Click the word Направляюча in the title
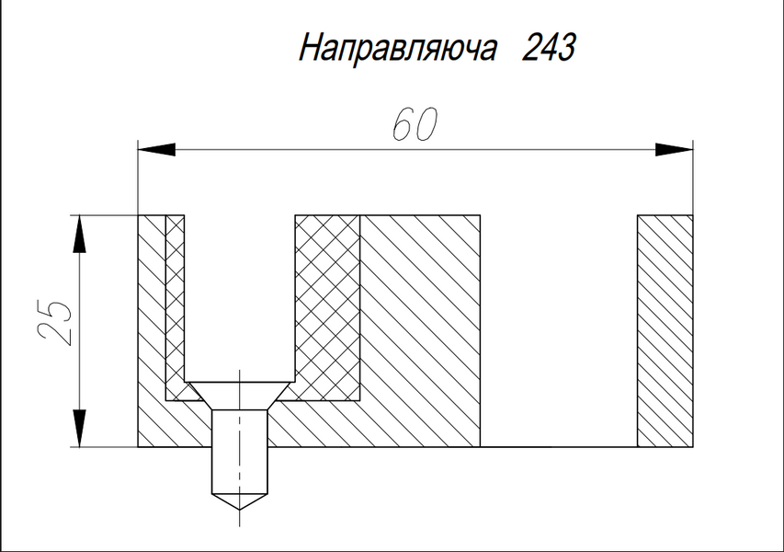[398, 49]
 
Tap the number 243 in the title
[549, 48]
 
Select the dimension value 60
[415, 124]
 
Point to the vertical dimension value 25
[54, 323]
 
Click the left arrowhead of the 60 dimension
[157, 149]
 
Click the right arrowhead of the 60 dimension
[674, 149]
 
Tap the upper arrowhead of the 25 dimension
[79, 235]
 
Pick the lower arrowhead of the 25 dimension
[79, 428]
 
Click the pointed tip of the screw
[240, 510]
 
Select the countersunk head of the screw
[240, 397]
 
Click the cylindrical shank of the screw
[240, 452]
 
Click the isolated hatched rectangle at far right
[665, 331]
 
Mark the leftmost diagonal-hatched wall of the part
[152, 331]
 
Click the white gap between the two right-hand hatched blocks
[559, 331]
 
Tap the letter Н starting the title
[311, 49]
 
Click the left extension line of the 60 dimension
[138, 178]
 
